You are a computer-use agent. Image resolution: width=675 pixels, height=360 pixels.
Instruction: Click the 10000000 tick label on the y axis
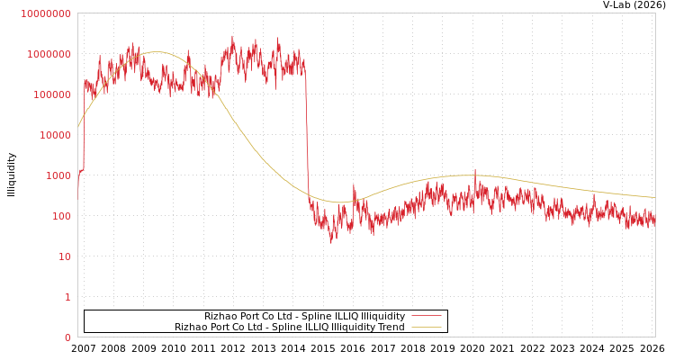point(45,13)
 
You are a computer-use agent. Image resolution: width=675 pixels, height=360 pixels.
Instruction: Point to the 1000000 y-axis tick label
point(49,54)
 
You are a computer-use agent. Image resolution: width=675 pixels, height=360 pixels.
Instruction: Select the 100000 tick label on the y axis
point(51,94)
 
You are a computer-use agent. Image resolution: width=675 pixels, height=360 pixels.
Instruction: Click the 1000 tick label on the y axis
point(58,175)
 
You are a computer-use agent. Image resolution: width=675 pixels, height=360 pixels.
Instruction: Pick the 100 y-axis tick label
point(60,216)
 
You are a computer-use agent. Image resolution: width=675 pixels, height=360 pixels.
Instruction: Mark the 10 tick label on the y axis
point(64,256)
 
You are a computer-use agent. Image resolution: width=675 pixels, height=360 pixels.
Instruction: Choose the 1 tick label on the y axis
point(67,297)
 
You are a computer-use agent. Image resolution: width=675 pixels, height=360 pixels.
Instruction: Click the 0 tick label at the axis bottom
point(67,337)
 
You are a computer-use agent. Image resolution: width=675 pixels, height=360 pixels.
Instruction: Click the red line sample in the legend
point(426,316)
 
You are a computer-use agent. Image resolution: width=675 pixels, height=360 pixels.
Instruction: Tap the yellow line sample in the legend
point(426,327)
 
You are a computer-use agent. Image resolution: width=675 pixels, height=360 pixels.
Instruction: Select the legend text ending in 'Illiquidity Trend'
point(289,327)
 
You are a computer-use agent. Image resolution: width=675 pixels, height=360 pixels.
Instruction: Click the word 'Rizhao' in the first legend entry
point(220,316)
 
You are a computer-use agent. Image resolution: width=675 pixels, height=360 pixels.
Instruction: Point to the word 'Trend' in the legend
point(391,327)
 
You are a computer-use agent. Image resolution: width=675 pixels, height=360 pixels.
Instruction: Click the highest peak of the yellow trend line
point(157,52)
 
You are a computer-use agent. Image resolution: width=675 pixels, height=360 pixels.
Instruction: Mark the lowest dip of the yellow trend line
point(342,202)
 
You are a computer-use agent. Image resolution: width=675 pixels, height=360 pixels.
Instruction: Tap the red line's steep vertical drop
point(307,135)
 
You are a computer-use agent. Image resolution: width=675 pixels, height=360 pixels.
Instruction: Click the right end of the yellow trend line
point(654,197)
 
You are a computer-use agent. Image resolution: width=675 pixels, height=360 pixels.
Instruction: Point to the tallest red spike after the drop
point(475,169)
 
